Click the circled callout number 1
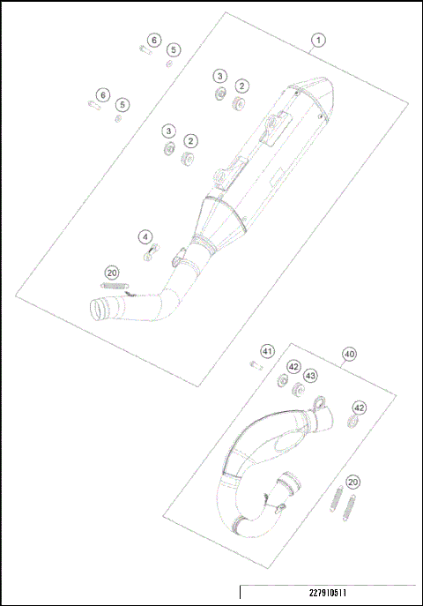[318, 40]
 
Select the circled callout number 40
[349, 355]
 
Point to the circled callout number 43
[310, 375]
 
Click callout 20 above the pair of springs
[352, 482]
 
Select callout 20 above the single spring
[112, 273]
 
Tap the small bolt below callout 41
[260, 366]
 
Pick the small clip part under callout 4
[151, 251]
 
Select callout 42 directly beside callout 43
[293, 366]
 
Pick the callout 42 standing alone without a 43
[359, 408]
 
